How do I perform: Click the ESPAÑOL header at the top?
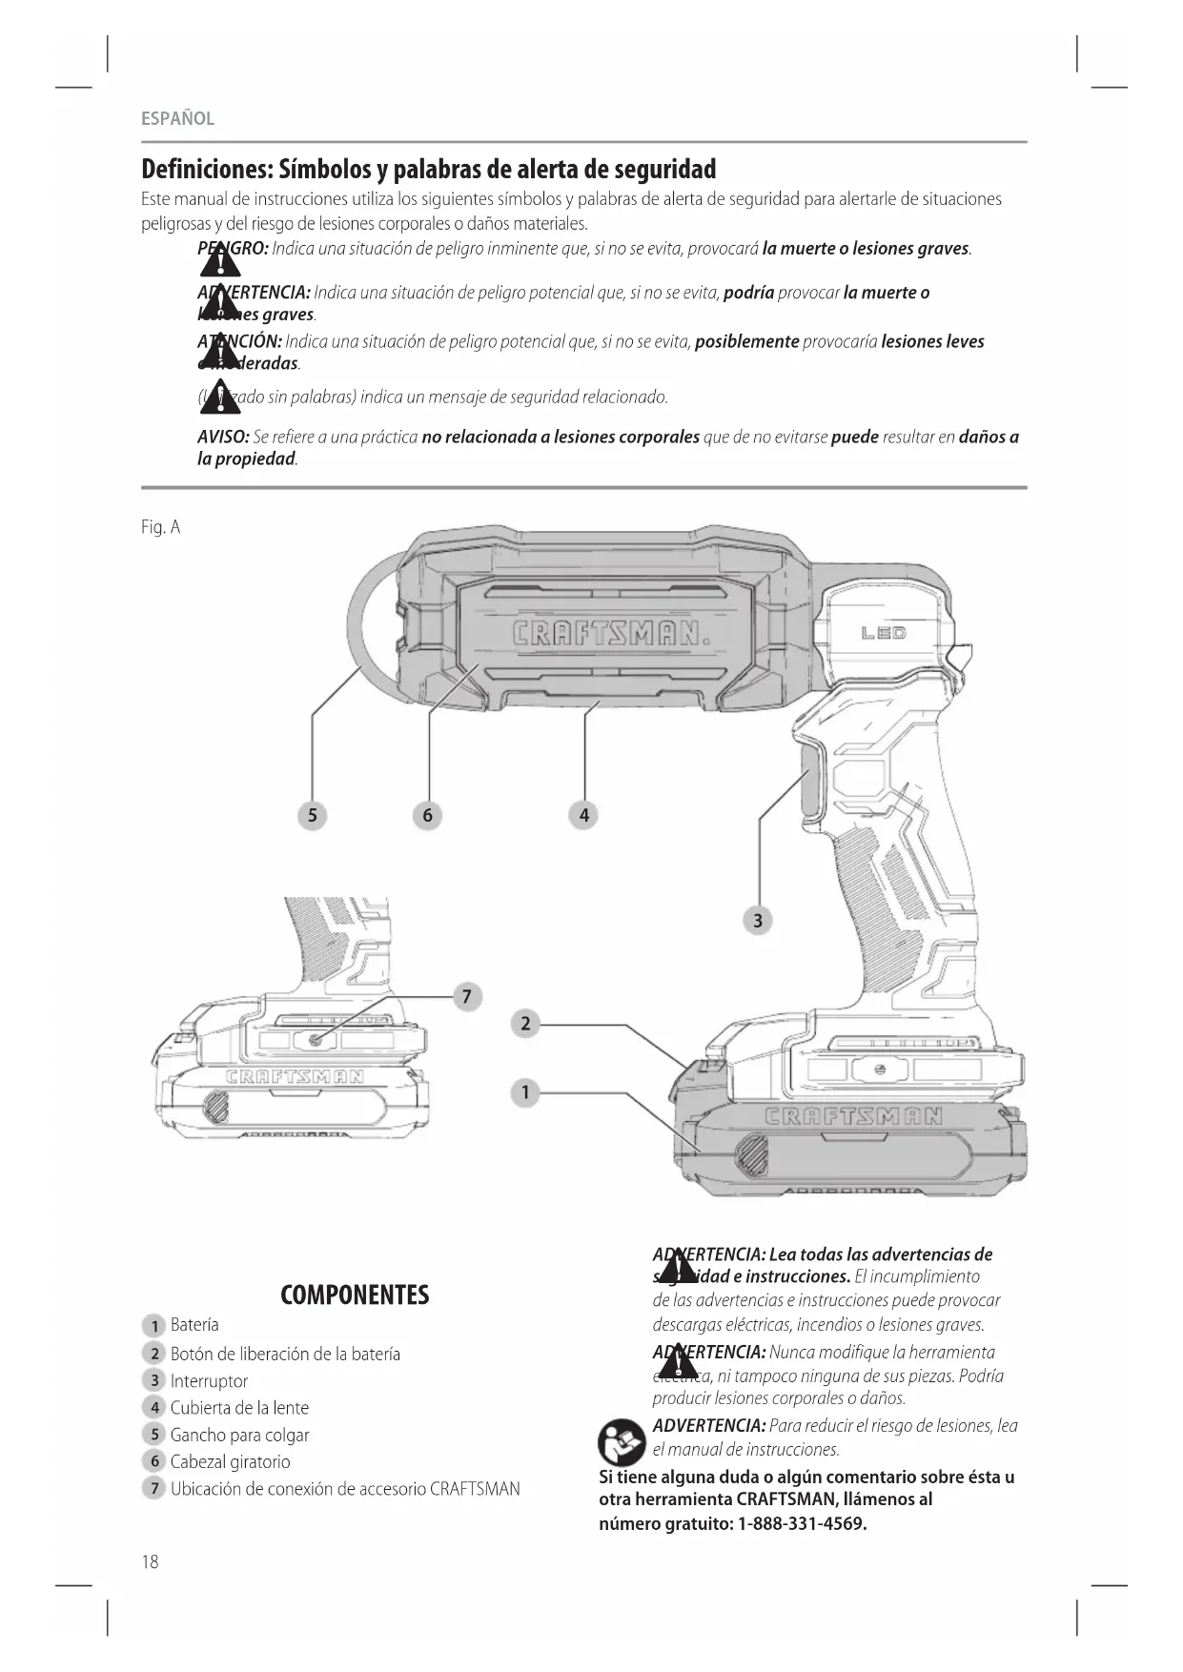[x=177, y=118]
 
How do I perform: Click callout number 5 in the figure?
[x=312, y=815]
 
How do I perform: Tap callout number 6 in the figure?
[x=427, y=815]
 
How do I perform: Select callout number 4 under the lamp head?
[x=584, y=815]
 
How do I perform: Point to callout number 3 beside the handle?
[x=758, y=921]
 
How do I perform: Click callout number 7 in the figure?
[x=466, y=997]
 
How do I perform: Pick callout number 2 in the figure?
[x=525, y=1024]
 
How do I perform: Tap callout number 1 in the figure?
[x=525, y=1092]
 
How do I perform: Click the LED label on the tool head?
[x=884, y=633]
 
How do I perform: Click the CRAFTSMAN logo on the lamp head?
[x=611, y=634]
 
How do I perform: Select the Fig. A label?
[x=160, y=527]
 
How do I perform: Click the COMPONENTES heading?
[x=355, y=1295]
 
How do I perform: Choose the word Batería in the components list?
[x=194, y=1325]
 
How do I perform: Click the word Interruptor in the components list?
[x=209, y=1380]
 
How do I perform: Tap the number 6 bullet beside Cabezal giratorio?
[x=154, y=1461]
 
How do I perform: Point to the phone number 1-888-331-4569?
[x=802, y=1523]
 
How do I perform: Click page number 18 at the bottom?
[x=151, y=1561]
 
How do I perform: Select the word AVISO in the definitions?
[x=223, y=438]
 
